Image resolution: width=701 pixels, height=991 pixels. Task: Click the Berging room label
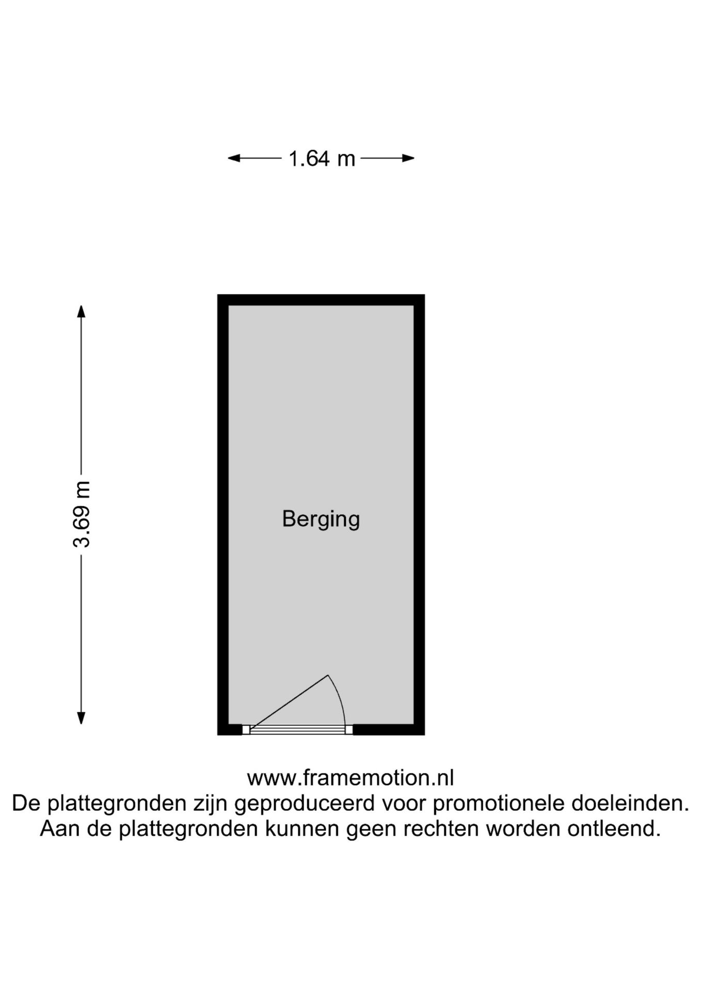[321, 519]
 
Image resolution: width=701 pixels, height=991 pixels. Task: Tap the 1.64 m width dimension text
[322, 158]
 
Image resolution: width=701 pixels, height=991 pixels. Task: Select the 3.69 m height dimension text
[82, 514]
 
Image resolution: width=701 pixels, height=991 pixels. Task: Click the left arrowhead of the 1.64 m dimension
[234, 158]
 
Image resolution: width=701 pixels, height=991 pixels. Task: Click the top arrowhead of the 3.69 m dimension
[81, 312]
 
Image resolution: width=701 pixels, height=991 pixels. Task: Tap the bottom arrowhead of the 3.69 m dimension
[81, 718]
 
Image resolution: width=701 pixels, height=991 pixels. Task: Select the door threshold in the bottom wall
[297, 729]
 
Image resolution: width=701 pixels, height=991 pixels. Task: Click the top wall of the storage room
[321, 300]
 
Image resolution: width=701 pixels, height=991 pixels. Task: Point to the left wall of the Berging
[223, 515]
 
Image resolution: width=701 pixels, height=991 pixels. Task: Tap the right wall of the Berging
[419, 515]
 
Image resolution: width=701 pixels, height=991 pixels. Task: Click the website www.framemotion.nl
[351, 778]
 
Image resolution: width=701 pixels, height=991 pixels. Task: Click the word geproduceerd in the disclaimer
[304, 803]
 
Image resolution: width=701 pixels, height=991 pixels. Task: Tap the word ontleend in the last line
[614, 828]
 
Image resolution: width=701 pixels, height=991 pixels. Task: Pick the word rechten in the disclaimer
[442, 828]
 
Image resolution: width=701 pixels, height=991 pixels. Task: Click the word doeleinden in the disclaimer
[630, 803]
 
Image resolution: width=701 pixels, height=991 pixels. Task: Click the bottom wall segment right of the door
[389, 729]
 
